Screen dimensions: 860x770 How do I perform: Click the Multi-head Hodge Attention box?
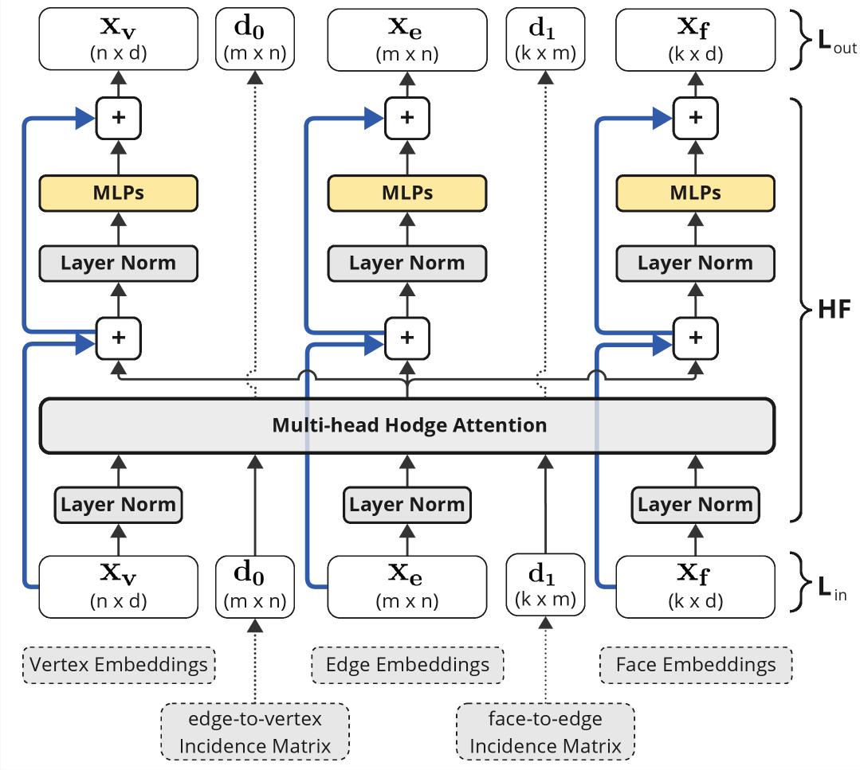coord(407,426)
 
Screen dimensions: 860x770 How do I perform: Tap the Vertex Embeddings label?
coord(119,665)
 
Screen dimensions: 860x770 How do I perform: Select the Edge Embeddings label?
coord(407,665)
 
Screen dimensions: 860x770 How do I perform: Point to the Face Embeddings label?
coord(696,665)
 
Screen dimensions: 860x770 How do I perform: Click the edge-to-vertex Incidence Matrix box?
coord(255,732)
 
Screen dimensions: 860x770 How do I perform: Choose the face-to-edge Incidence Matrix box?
coord(545,732)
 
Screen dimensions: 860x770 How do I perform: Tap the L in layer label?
coord(832,588)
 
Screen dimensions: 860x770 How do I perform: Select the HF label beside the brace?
coord(834,310)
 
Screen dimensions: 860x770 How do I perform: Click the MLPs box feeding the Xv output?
coord(119,193)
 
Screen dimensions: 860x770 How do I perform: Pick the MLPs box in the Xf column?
coord(696,193)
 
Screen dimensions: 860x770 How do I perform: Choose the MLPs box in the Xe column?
coord(407,193)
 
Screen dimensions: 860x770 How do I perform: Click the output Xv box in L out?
coord(119,39)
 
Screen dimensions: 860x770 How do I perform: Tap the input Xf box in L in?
coord(696,587)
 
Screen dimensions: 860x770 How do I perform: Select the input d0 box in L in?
coord(255,587)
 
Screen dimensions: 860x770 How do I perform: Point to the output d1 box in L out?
coord(545,39)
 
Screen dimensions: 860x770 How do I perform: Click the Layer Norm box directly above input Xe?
coord(407,505)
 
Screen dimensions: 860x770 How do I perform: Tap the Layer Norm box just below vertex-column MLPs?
coord(119,264)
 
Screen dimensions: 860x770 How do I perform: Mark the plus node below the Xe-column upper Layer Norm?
coord(407,338)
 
